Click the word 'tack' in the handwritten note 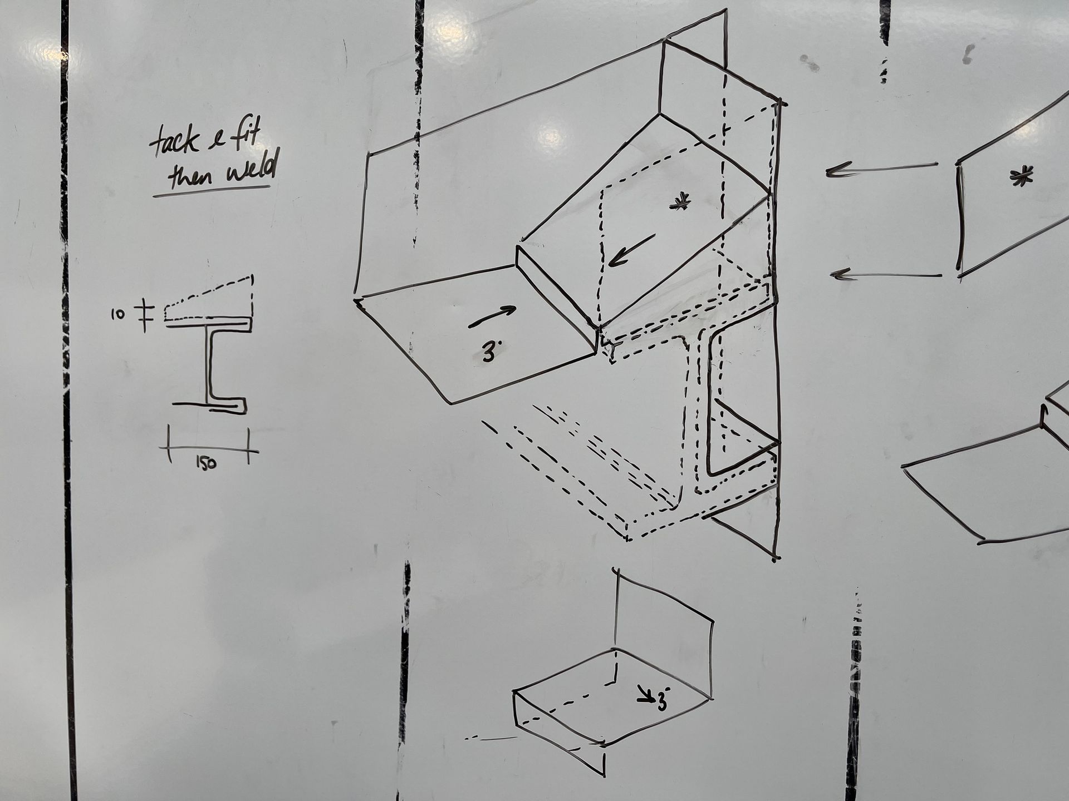pos(174,141)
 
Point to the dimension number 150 pos(206,462)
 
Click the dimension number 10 pos(117,315)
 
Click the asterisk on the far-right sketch pos(1021,176)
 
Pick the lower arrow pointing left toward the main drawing pos(886,274)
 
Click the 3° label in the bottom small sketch pos(663,699)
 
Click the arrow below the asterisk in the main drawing pos(631,250)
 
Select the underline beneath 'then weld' pos(212,191)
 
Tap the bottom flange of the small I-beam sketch pos(210,406)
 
